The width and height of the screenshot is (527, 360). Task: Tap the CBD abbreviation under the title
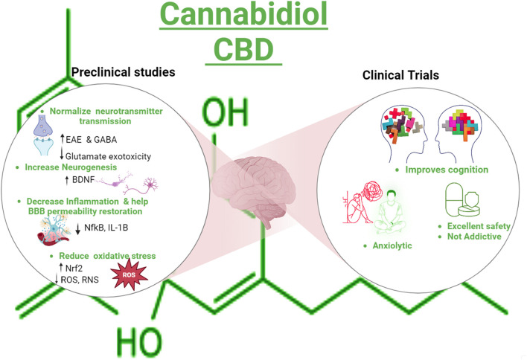click(x=243, y=49)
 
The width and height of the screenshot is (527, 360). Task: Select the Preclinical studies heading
click(x=124, y=72)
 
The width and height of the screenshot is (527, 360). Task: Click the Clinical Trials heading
click(x=400, y=75)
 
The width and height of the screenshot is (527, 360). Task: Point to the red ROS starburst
click(x=130, y=275)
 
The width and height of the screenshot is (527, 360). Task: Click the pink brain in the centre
click(x=254, y=190)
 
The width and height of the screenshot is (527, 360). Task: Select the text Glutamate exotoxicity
click(x=108, y=156)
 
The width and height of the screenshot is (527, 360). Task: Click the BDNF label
click(x=83, y=180)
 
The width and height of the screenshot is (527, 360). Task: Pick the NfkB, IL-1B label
click(x=106, y=228)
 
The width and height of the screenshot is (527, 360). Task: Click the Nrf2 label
click(x=74, y=268)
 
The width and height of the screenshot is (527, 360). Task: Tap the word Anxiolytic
click(x=392, y=245)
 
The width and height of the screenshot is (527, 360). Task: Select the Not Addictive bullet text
click(x=474, y=237)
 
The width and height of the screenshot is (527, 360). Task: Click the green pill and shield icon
click(x=462, y=200)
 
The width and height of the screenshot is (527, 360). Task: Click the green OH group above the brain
click(x=225, y=112)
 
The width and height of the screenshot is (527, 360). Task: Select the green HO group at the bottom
click(x=139, y=342)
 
